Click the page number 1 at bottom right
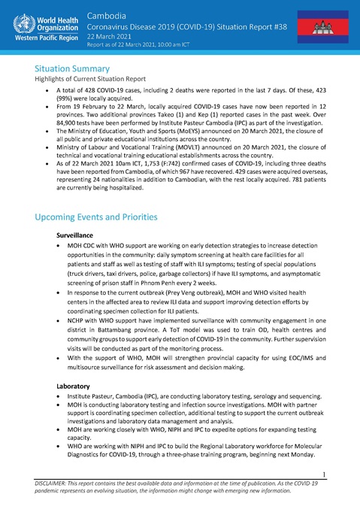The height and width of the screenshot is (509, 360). tap(342, 474)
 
